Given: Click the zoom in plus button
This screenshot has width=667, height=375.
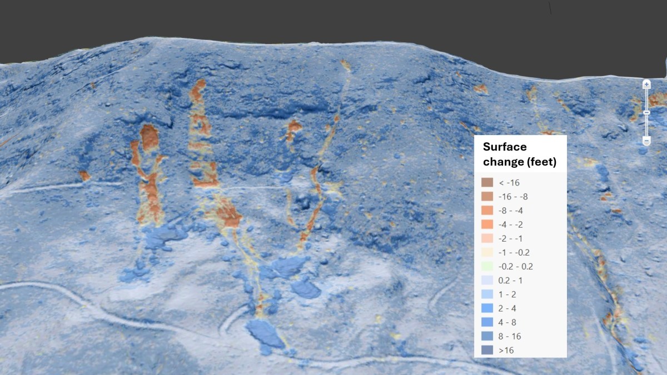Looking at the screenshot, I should click(646, 84).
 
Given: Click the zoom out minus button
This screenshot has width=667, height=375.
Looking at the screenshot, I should click(646, 141).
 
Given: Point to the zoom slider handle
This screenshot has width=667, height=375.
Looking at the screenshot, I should click(646, 113).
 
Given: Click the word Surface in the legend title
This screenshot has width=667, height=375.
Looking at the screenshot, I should click(505, 147).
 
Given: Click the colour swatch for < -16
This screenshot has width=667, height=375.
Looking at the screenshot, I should click(487, 182).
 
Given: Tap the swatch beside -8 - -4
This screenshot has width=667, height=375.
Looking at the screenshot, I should click(487, 210).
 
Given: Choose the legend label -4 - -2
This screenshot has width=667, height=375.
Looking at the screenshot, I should click(511, 224).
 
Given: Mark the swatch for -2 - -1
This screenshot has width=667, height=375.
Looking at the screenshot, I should click(487, 238).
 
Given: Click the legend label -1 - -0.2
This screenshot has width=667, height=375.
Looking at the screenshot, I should click(514, 252).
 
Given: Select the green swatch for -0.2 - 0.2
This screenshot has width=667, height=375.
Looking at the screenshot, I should click(487, 266).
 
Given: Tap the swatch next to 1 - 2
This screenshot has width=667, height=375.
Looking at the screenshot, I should click(487, 294).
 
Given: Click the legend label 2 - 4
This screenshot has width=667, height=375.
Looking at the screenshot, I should click(507, 308).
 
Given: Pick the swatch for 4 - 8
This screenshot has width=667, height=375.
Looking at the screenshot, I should click(487, 322).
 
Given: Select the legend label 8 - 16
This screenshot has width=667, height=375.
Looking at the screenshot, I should click(510, 336).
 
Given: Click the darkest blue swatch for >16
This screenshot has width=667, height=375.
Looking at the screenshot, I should click(487, 350).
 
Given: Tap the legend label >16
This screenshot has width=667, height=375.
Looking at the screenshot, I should click(506, 350).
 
